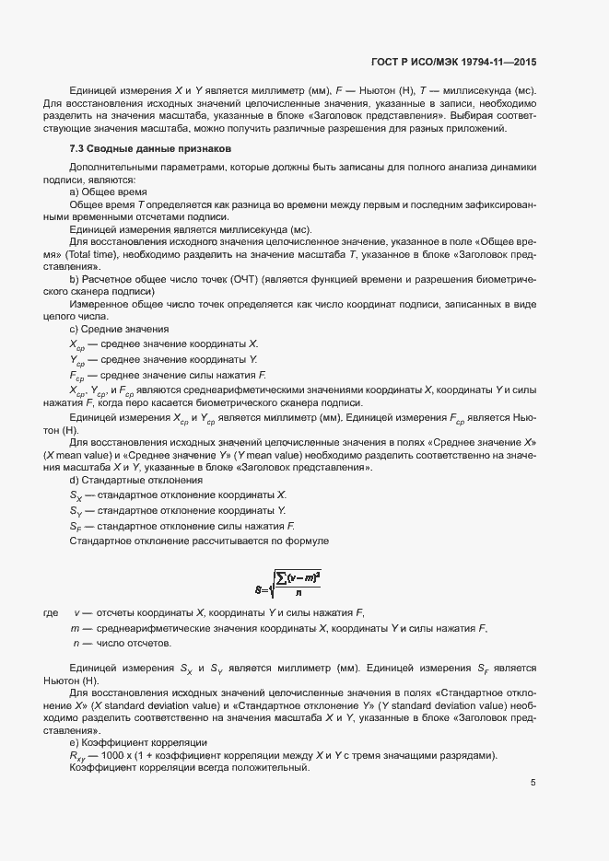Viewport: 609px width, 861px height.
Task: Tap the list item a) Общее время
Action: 101,191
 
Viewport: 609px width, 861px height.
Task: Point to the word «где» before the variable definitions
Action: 52,612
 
